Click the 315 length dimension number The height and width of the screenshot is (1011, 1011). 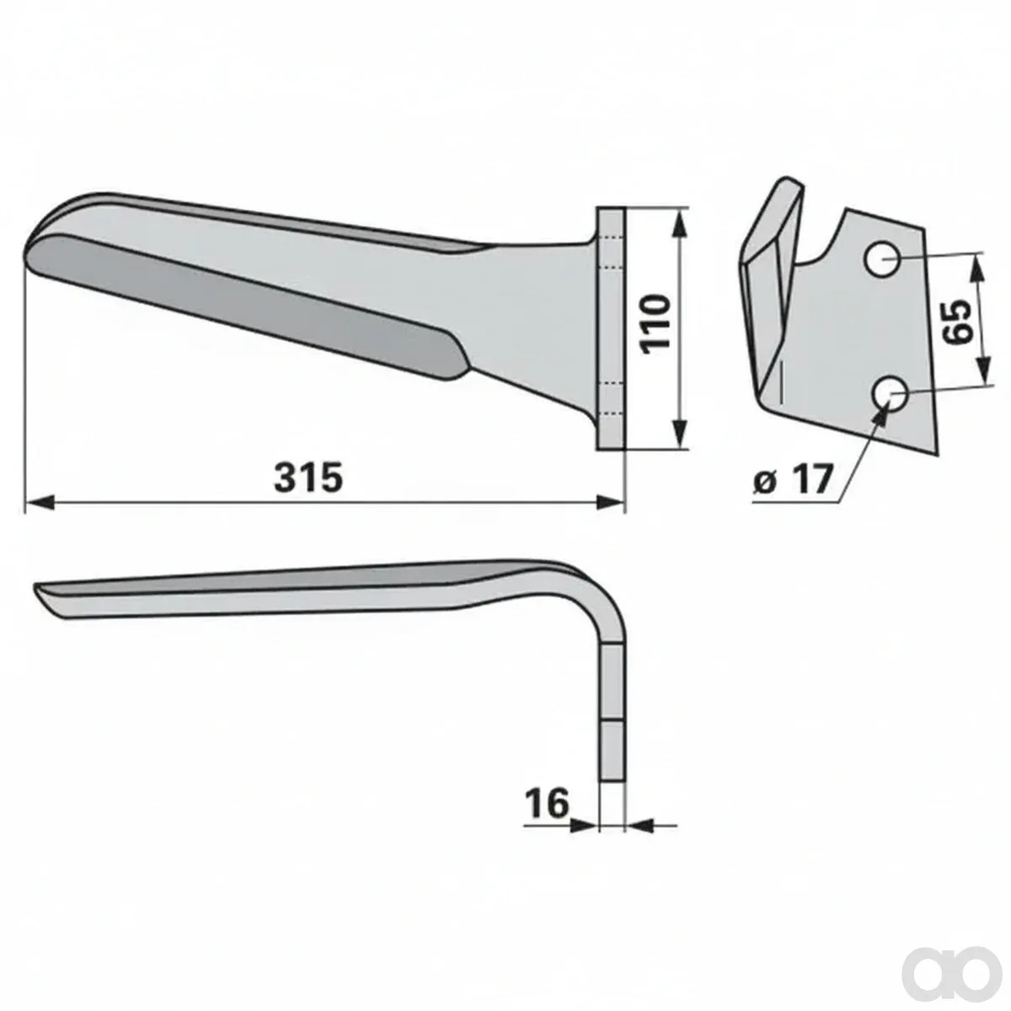coord(308,476)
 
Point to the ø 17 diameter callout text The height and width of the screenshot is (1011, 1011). coord(794,479)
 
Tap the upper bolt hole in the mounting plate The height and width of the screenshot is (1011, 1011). coord(882,259)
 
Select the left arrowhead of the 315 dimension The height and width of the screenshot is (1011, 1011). coord(40,503)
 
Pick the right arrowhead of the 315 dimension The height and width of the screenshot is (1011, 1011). coord(610,503)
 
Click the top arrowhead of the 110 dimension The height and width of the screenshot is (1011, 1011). coord(680,223)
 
